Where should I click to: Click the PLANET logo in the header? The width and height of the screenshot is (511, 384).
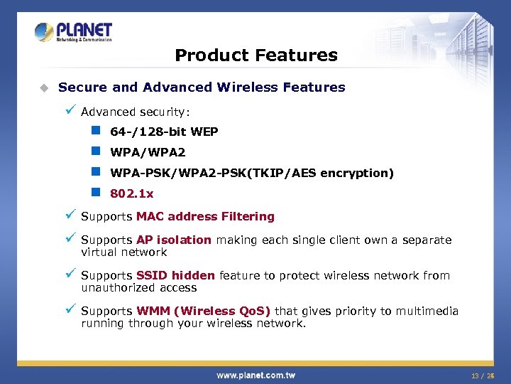[x=73, y=32]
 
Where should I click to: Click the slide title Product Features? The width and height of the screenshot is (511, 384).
[x=255, y=55]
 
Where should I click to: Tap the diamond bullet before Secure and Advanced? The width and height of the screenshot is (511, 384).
[x=43, y=87]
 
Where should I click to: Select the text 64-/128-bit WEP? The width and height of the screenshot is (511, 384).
[x=164, y=132]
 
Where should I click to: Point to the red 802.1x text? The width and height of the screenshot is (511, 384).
[x=131, y=193]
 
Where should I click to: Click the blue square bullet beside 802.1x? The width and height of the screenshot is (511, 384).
[x=95, y=193]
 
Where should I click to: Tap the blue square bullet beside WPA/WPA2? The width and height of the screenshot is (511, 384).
[x=95, y=151]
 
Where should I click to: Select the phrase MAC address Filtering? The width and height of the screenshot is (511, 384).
[x=205, y=216]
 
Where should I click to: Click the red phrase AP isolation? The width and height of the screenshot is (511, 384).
[x=174, y=240]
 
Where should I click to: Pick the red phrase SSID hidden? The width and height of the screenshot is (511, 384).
[x=176, y=275]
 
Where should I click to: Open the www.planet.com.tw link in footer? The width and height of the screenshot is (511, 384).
[x=255, y=375]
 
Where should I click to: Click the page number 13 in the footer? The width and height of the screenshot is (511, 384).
[x=474, y=375]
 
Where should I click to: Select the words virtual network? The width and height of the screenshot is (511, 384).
[x=123, y=252]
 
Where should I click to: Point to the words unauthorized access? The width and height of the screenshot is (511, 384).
[x=138, y=287]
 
